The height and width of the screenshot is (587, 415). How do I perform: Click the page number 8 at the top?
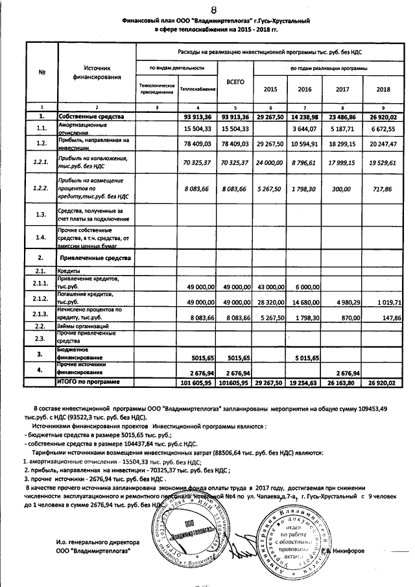[x=213, y=8]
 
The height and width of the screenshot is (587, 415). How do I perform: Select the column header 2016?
[x=305, y=89]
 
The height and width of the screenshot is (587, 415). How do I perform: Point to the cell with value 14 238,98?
[x=305, y=117]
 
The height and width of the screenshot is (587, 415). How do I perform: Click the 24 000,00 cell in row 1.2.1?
[x=267, y=160]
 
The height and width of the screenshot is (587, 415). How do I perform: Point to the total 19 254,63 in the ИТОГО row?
[x=305, y=383]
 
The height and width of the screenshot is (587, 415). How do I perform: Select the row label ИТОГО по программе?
[x=89, y=383]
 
